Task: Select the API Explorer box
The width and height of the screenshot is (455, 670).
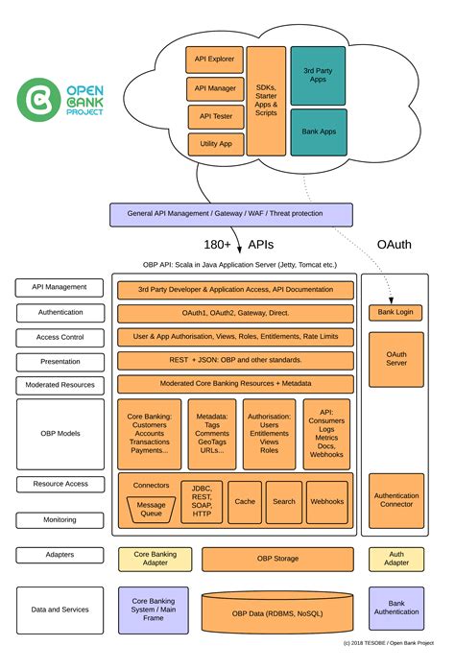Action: tap(214, 60)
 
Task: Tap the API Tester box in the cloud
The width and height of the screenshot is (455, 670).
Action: tap(214, 116)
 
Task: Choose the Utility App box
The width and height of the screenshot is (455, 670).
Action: tap(214, 143)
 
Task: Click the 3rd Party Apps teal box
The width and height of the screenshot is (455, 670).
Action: tap(318, 75)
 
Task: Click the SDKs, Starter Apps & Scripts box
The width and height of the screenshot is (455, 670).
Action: tap(266, 100)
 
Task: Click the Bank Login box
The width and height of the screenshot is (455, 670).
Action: tap(395, 313)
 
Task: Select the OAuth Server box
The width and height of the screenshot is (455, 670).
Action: tap(395, 357)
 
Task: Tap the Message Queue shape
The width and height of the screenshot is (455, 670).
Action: tap(151, 509)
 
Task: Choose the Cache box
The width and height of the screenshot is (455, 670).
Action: tap(245, 501)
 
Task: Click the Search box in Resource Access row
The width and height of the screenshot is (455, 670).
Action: tap(284, 501)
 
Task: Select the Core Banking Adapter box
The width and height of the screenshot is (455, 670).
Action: tap(154, 559)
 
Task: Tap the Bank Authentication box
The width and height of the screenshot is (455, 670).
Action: tap(395, 610)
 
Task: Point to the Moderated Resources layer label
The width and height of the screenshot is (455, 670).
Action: tap(60, 385)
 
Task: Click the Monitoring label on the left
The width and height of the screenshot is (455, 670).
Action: tap(60, 519)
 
